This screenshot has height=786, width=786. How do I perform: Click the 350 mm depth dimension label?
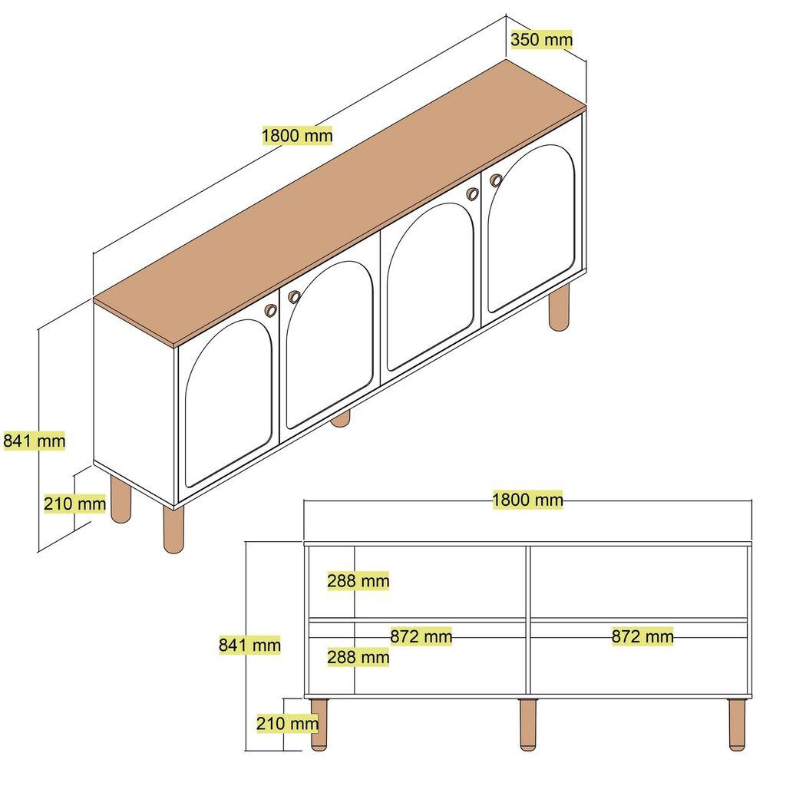[x=541, y=39]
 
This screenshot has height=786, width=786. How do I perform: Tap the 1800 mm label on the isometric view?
[x=297, y=136]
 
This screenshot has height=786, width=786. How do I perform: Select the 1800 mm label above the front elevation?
[x=527, y=500]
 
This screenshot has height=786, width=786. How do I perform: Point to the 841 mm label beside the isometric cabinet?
[x=35, y=441]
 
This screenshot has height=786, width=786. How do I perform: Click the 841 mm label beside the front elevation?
[x=249, y=646]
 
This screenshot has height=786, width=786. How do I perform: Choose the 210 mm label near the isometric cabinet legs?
[x=74, y=504]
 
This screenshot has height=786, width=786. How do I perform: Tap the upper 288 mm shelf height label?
[x=358, y=581]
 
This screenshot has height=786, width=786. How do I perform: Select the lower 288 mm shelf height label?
[x=358, y=657]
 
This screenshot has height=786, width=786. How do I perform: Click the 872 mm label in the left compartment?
[x=421, y=636]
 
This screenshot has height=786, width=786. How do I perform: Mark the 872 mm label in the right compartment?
[x=642, y=636]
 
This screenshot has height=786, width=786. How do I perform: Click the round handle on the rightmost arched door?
[x=496, y=180]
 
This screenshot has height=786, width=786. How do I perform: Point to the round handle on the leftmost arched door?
[x=270, y=309]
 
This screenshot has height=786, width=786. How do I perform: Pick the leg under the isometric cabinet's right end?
[x=560, y=307]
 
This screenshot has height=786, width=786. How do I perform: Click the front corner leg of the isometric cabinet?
[x=174, y=530]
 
